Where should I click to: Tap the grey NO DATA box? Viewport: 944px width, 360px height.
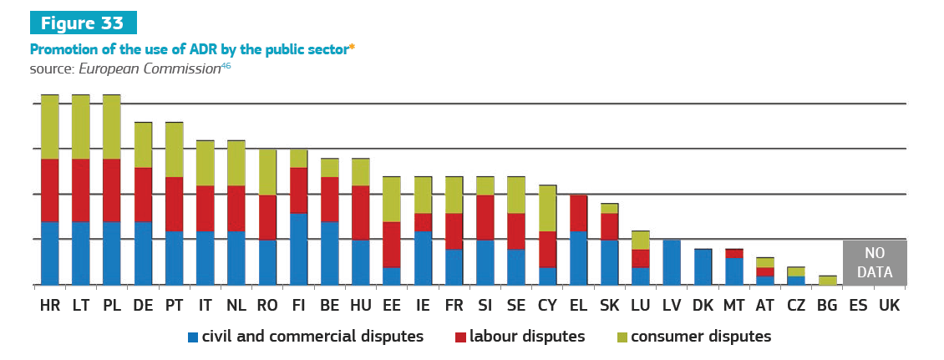(x=874, y=262)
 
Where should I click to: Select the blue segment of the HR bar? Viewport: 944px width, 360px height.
(x=50, y=253)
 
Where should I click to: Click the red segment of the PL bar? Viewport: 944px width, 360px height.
(x=112, y=190)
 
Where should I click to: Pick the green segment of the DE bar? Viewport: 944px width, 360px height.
(x=143, y=145)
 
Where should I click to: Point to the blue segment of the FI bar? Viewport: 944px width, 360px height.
(x=299, y=249)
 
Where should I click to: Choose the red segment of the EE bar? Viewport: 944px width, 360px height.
(x=392, y=245)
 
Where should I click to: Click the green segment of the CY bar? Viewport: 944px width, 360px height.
(x=547, y=208)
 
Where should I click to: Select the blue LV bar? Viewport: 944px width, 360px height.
(x=672, y=262)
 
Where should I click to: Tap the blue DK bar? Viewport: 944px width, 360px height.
(x=703, y=267)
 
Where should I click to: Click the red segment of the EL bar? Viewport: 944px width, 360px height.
(x=578, y=213)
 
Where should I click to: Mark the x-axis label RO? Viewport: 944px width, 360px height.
(x=267, y=307)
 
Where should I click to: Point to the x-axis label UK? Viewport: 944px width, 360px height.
(x=890, y=307)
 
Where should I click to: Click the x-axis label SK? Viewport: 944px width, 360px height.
(x=609, y=307)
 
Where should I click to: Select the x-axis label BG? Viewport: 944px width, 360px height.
(x=827, y=307)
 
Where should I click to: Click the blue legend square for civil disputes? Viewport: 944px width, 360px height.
(x=193, y=337)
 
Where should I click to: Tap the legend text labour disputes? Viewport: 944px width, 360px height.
(x=526, y=337)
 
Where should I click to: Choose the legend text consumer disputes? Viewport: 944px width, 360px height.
(x=700, y=337)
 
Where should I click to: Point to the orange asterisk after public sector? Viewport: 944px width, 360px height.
(x=353, y=48)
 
